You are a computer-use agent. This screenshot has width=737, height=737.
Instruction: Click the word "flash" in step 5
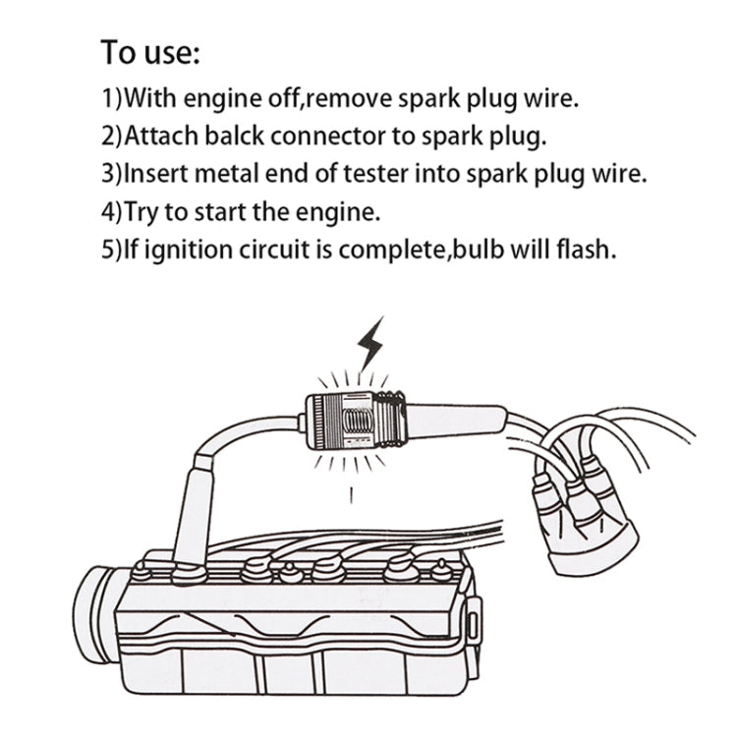coord(588,249)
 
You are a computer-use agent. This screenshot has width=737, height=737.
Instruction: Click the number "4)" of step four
coord(112,211)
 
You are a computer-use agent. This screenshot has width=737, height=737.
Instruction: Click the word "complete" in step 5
coord(399,249)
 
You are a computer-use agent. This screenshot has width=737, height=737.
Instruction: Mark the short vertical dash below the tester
coord(352,494)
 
